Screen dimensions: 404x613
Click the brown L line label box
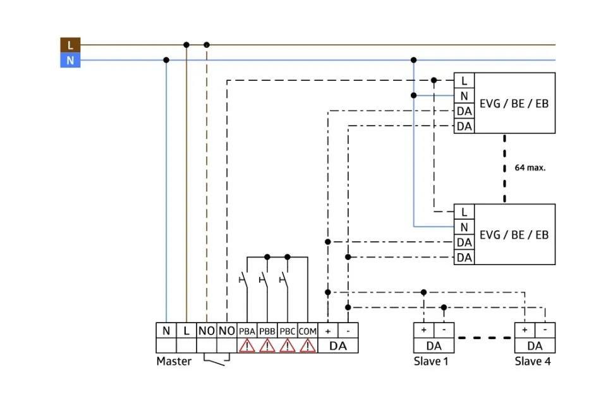(x=70, y=45)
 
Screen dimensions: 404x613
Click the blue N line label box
(x=70, y=61)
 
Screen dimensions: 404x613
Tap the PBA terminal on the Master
(x=247, y=331)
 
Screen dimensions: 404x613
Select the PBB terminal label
(x=267, y=331)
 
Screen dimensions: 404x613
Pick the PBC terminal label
(x=288, y=331)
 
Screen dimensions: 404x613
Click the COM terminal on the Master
(x=308, y=331)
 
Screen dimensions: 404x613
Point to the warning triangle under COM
(x=308, y=346)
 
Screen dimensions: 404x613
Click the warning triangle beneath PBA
(x=247, y=346)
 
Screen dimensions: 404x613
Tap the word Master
(x=174, y=362)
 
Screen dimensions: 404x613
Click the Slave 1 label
(x=434, y=362)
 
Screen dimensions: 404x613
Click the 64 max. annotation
(x=530, y=168)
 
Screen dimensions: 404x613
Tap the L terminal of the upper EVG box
(x=464, y=81)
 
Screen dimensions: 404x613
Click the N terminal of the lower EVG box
(x=464, y=227)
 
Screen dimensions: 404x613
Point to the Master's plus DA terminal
(x=328, y=331)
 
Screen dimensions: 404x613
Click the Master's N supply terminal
(x=166, y=331)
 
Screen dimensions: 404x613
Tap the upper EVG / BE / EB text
(x=514, y=104)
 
